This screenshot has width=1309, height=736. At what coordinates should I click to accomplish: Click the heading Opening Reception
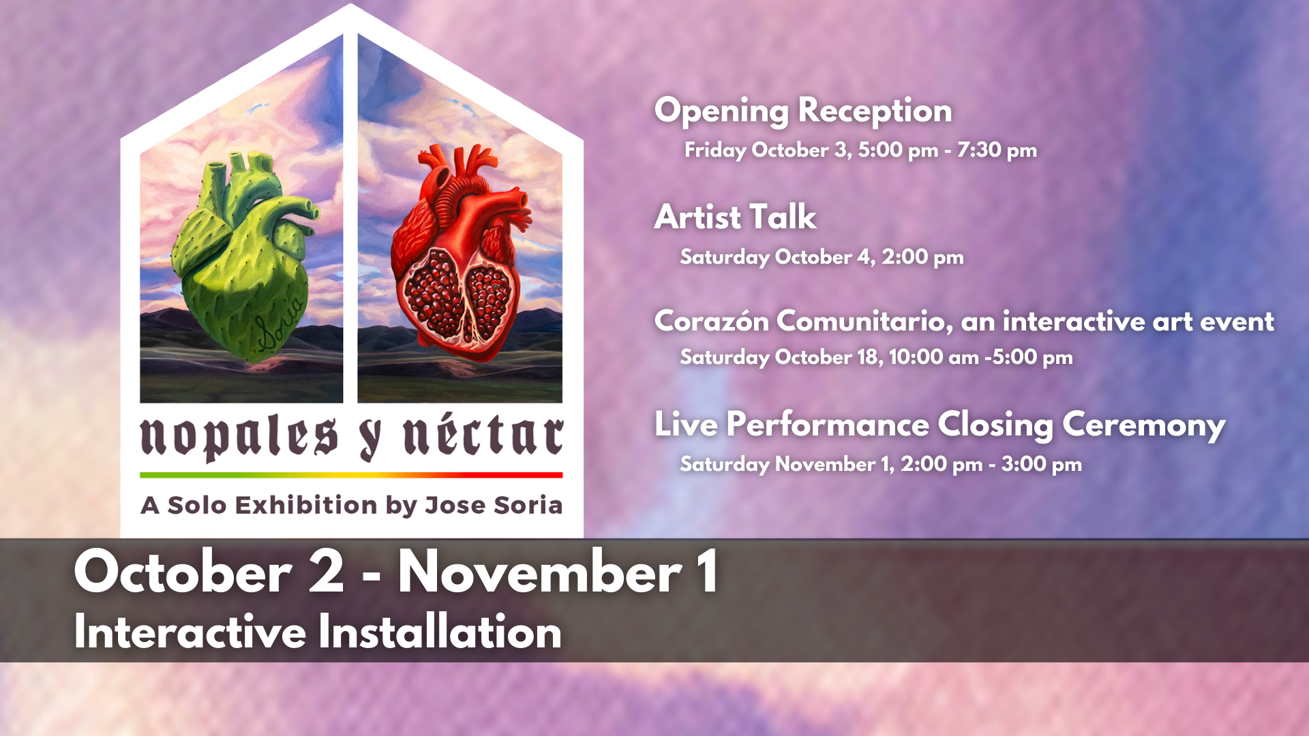tap(803, 111)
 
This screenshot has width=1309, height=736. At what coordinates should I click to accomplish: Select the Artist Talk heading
tap(735, 217)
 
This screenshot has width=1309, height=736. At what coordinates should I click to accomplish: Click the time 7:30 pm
tap(997, 150)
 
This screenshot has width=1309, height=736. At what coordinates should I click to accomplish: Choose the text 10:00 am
tap(933, 357)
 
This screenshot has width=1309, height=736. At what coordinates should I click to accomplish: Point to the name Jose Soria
tap(494, 505)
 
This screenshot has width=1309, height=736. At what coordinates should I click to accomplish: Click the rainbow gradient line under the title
tap(351, 475)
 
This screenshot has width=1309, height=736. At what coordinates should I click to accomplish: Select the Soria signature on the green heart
tap(280, 324)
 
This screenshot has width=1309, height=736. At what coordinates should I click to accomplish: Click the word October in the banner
tap(183, 572)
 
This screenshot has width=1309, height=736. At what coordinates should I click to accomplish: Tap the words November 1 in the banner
tap(558, 572)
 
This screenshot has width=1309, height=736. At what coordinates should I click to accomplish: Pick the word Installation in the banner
tap(440, 632)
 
